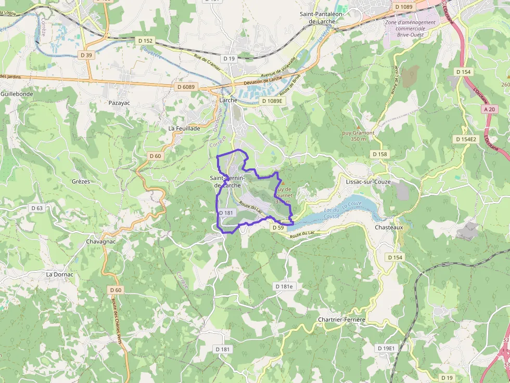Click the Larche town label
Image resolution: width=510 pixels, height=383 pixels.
pyautogui.click(x=228, y=100)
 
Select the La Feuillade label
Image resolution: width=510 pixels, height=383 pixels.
pyautogui.click(x=184, y=128)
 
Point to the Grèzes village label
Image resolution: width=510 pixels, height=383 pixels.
pyautogui.click(x=81, y=181)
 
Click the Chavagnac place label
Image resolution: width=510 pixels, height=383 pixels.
pyautogui.click(x=101, y=242)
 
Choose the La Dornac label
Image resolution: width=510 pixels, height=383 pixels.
pyautogui.click(x=60, y=274)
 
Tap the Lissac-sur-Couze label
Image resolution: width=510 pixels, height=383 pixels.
pyautogui.click(x=368, y=182)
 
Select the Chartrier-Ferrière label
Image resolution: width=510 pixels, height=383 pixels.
pyautogui.click(x=342, y=319)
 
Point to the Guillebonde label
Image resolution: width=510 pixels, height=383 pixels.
pyautogui.click(x=17, y=94)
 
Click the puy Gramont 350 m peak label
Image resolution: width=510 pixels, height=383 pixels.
pyautogui.click(x=359, y=136)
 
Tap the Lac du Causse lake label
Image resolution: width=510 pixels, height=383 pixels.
pyautogui.click(x=332, y=213)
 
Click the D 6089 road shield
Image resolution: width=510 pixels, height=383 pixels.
pyautogui.click(x=185, y=87)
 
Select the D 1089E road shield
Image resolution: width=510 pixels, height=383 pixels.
pyautogui.click(x=274, y=101)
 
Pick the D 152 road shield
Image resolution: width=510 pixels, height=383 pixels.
pyautogui.click(x=146, y=40)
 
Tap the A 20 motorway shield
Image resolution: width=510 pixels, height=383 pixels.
pyautogui.click(x=489, y=109)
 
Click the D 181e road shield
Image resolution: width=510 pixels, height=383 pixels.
pyautogui.click(x=284, y=286)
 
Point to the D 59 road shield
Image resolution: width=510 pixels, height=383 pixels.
pyautogui.click(x=278, y=228)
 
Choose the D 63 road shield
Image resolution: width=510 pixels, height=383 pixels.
pyautogui.click(x=37, y=208)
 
